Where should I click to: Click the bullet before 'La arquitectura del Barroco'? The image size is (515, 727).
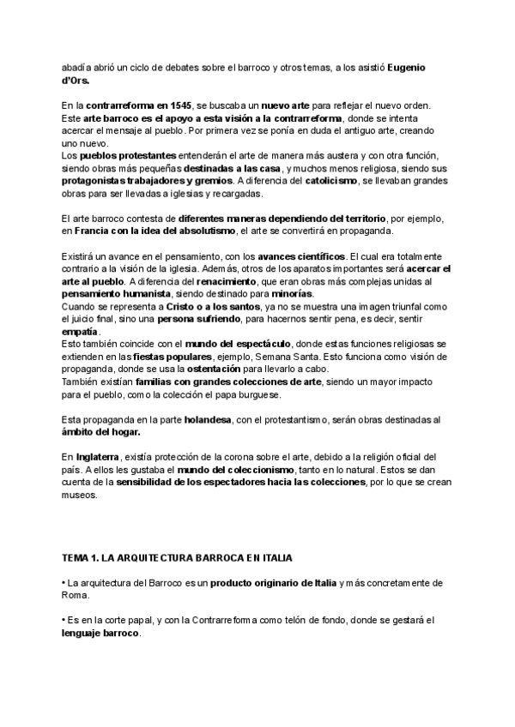click(x=64, y=582)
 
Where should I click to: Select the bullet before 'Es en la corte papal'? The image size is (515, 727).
click(x=64, y=620)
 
